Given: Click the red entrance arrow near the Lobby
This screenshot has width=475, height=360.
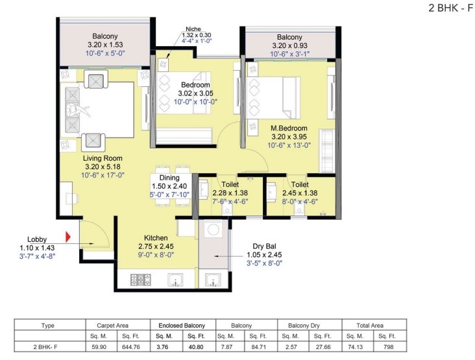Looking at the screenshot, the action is tap(68, 237).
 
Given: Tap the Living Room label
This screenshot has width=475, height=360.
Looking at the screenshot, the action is tap(103, 158).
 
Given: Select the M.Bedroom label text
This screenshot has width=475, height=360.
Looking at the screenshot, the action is tap(289, 128).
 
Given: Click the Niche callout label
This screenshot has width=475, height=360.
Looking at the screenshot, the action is tap(193, 29).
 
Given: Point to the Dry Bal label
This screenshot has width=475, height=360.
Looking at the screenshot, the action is tap(265, 246).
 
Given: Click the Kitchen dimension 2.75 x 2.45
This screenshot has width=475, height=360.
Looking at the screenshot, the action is tap(156, 246).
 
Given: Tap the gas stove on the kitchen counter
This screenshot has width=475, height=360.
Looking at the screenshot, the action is tap(141, 280).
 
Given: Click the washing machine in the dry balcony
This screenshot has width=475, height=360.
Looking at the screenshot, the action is tap(213, 229).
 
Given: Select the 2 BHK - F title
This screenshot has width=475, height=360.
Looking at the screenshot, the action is tap(451, 8).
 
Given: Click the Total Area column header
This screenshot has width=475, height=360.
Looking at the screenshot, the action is tap(370, 326).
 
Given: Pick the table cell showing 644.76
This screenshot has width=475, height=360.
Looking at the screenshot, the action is tap(131, 347).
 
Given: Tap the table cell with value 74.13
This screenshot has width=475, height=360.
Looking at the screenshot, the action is tap(355, 347).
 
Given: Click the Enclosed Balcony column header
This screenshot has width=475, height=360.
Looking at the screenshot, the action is tap(182, 326).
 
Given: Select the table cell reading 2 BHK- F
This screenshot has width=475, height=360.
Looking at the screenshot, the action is tap(45, 347).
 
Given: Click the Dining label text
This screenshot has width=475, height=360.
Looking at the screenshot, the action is tap(169, 178).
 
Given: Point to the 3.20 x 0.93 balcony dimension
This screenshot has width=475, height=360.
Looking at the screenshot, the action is tap(289, 45).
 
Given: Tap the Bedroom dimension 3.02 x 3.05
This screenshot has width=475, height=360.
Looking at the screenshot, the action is tap(195, 93).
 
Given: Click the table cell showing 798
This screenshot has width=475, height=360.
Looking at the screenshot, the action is tap(388, 347).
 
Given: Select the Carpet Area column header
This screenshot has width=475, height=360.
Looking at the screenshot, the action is tap(112, 326).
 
